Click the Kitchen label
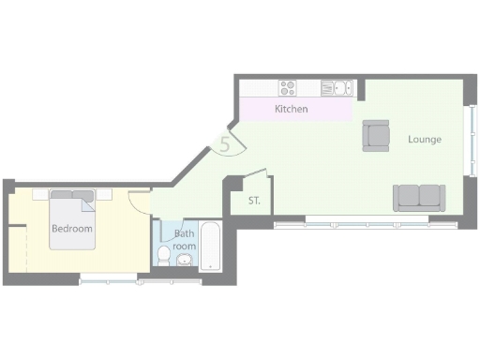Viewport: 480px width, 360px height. click(291, 110)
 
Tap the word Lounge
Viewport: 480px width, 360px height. click(424, 140)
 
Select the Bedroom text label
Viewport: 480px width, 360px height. click(72, 229)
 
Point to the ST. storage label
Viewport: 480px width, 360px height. click(254, 202)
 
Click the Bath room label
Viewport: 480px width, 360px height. click(185, 240)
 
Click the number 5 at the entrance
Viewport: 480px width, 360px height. click(225, 144)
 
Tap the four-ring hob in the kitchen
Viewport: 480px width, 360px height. click(288, 89)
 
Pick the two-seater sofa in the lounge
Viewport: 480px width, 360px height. click(418, 197)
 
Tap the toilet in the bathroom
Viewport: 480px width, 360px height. click(164, 255)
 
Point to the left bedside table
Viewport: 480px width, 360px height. click(40, 194)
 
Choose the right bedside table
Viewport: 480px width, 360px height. click(104, 194)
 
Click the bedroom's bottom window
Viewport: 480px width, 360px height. click(108, 277)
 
